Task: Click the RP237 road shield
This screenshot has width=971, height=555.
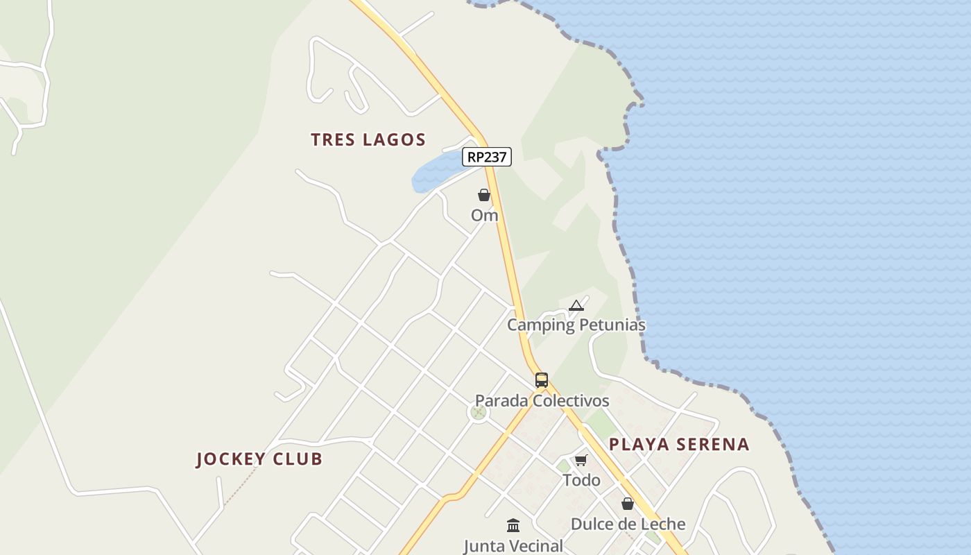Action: click(x=487, y=157)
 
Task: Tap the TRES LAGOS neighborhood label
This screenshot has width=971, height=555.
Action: click(x=368, y=139)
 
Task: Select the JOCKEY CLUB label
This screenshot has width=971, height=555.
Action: click(x=259, y=459)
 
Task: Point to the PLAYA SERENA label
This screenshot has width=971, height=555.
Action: click(x=679, y=445)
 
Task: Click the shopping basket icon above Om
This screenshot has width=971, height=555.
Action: click(x=484, y=196)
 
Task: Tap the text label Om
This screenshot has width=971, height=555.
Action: click(x=484, y=216)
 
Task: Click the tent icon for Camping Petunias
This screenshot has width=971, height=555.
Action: click(x=576, y=305)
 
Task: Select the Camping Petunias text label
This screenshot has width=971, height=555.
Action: click(x=576, y=325)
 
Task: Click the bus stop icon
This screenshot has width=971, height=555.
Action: click(x=542, y=380)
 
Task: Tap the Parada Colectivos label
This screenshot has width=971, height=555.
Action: click(x=542, y=401)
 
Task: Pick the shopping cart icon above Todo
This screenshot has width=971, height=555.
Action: click(x=581, y=461)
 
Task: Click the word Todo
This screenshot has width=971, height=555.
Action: click(x=581, y=480)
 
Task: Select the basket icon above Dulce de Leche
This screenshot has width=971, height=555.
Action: click(x=628, y=504)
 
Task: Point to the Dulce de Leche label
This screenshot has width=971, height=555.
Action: click(x=628, y=524)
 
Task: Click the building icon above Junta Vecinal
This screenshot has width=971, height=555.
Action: click(x=513, y=525)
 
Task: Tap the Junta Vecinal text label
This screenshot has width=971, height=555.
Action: click(x=513, y=546)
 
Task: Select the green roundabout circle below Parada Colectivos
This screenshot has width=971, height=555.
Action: click(x=478, y=413)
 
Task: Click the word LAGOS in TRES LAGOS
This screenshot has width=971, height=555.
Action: click(x=394, y=139)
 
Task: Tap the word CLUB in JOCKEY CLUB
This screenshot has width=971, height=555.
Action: click(x=298, y=459)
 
